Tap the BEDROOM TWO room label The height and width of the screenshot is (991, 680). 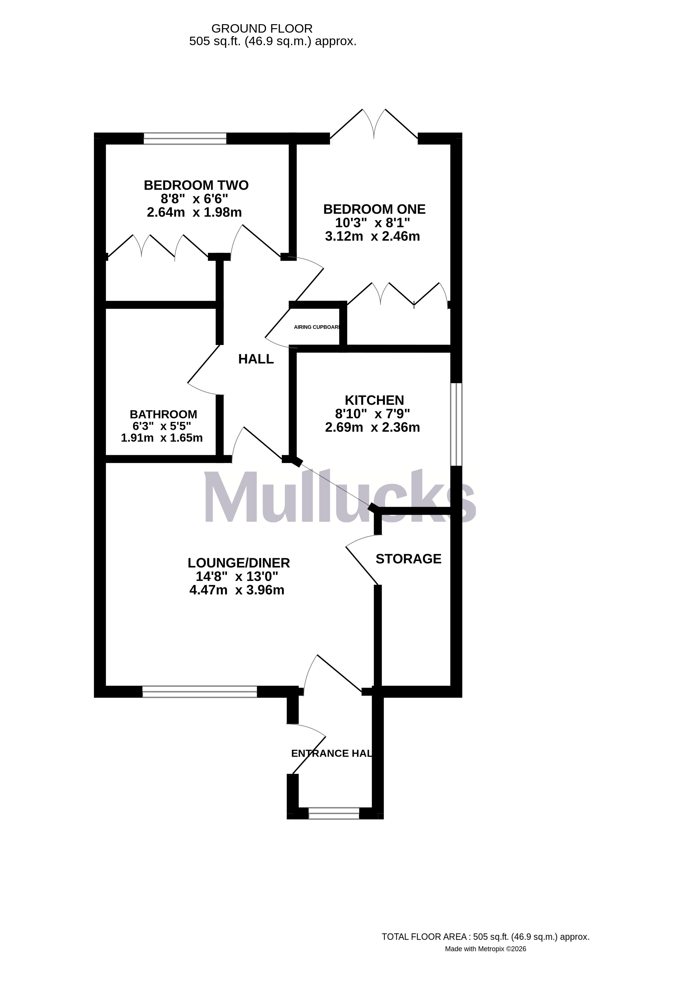[x=196, y=185]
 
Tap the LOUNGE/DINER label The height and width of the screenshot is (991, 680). [x=238, y=563]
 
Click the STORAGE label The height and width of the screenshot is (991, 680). [x=408, y=559]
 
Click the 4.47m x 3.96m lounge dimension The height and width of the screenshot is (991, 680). [x=237, y=590]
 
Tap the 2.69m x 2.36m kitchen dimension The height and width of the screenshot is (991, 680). [x=372, y=427]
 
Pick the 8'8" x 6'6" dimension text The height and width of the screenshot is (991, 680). [x=194, y=199]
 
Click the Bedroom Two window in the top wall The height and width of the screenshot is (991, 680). [x=185, y=139]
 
